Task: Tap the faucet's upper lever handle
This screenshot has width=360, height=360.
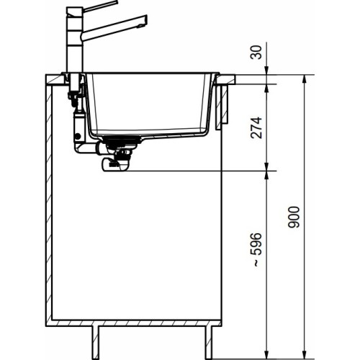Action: [101, 6]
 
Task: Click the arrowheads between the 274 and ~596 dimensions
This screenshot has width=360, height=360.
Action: [267, 171]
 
